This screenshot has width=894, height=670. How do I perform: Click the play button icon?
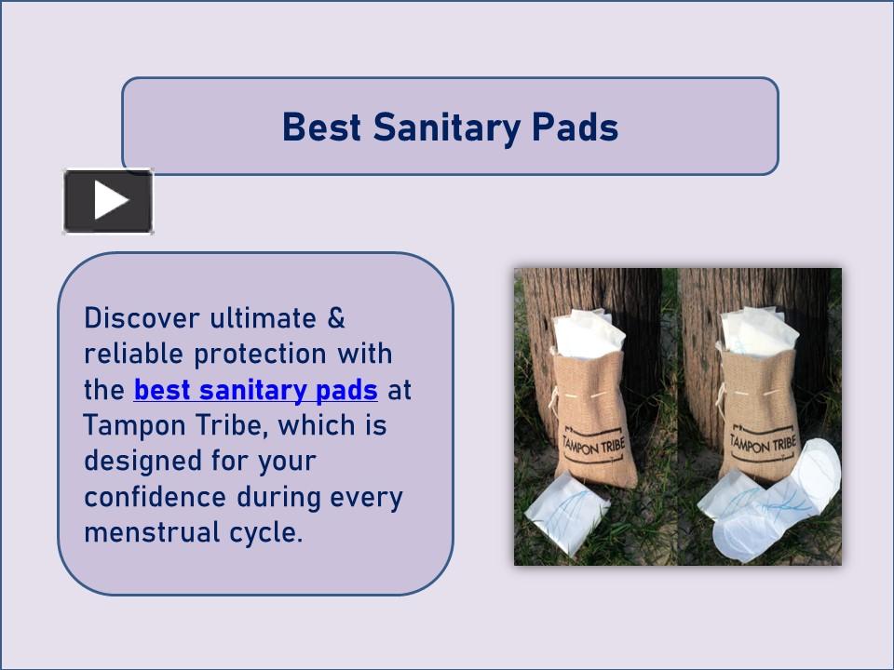pyautogui.click(x=108, y=201)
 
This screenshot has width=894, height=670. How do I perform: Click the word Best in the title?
pyautogui.click(x=320, y=127)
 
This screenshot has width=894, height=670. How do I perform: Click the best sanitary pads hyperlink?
pyautogui.click(x=255, y=389)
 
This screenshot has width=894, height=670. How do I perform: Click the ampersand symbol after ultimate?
pyautogui.click(x=336, y=318)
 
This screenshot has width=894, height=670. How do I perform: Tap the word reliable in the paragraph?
pyautogui.click(x=134, y=354)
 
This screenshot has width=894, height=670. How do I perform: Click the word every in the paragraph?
pyautogui.click(x=366, y=497)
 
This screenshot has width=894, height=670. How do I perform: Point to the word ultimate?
pyautogui.click(x=264, y=318)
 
